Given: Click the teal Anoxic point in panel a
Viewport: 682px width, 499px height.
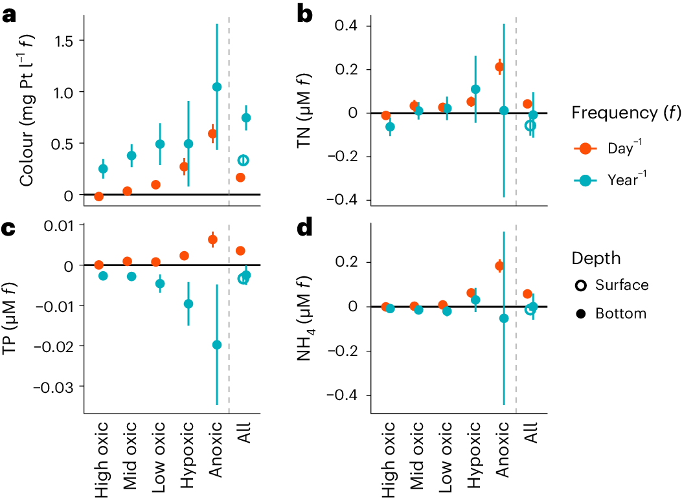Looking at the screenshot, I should pyautogui.click(x=217, y=87).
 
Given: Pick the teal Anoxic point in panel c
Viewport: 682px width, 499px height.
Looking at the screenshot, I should pyautogui.click(x=217, y=345).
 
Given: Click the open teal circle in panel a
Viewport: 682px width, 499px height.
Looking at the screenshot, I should pyautogui.click(x=244, y=161).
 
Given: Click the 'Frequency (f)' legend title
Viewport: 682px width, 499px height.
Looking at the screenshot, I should pyautogui.click(x=626, y=113).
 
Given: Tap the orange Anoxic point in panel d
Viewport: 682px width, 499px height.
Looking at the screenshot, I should pyautogui.click(x=499, y=266).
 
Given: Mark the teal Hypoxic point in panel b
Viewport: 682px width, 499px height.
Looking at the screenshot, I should pyautogui.click(x=475, y=89).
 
